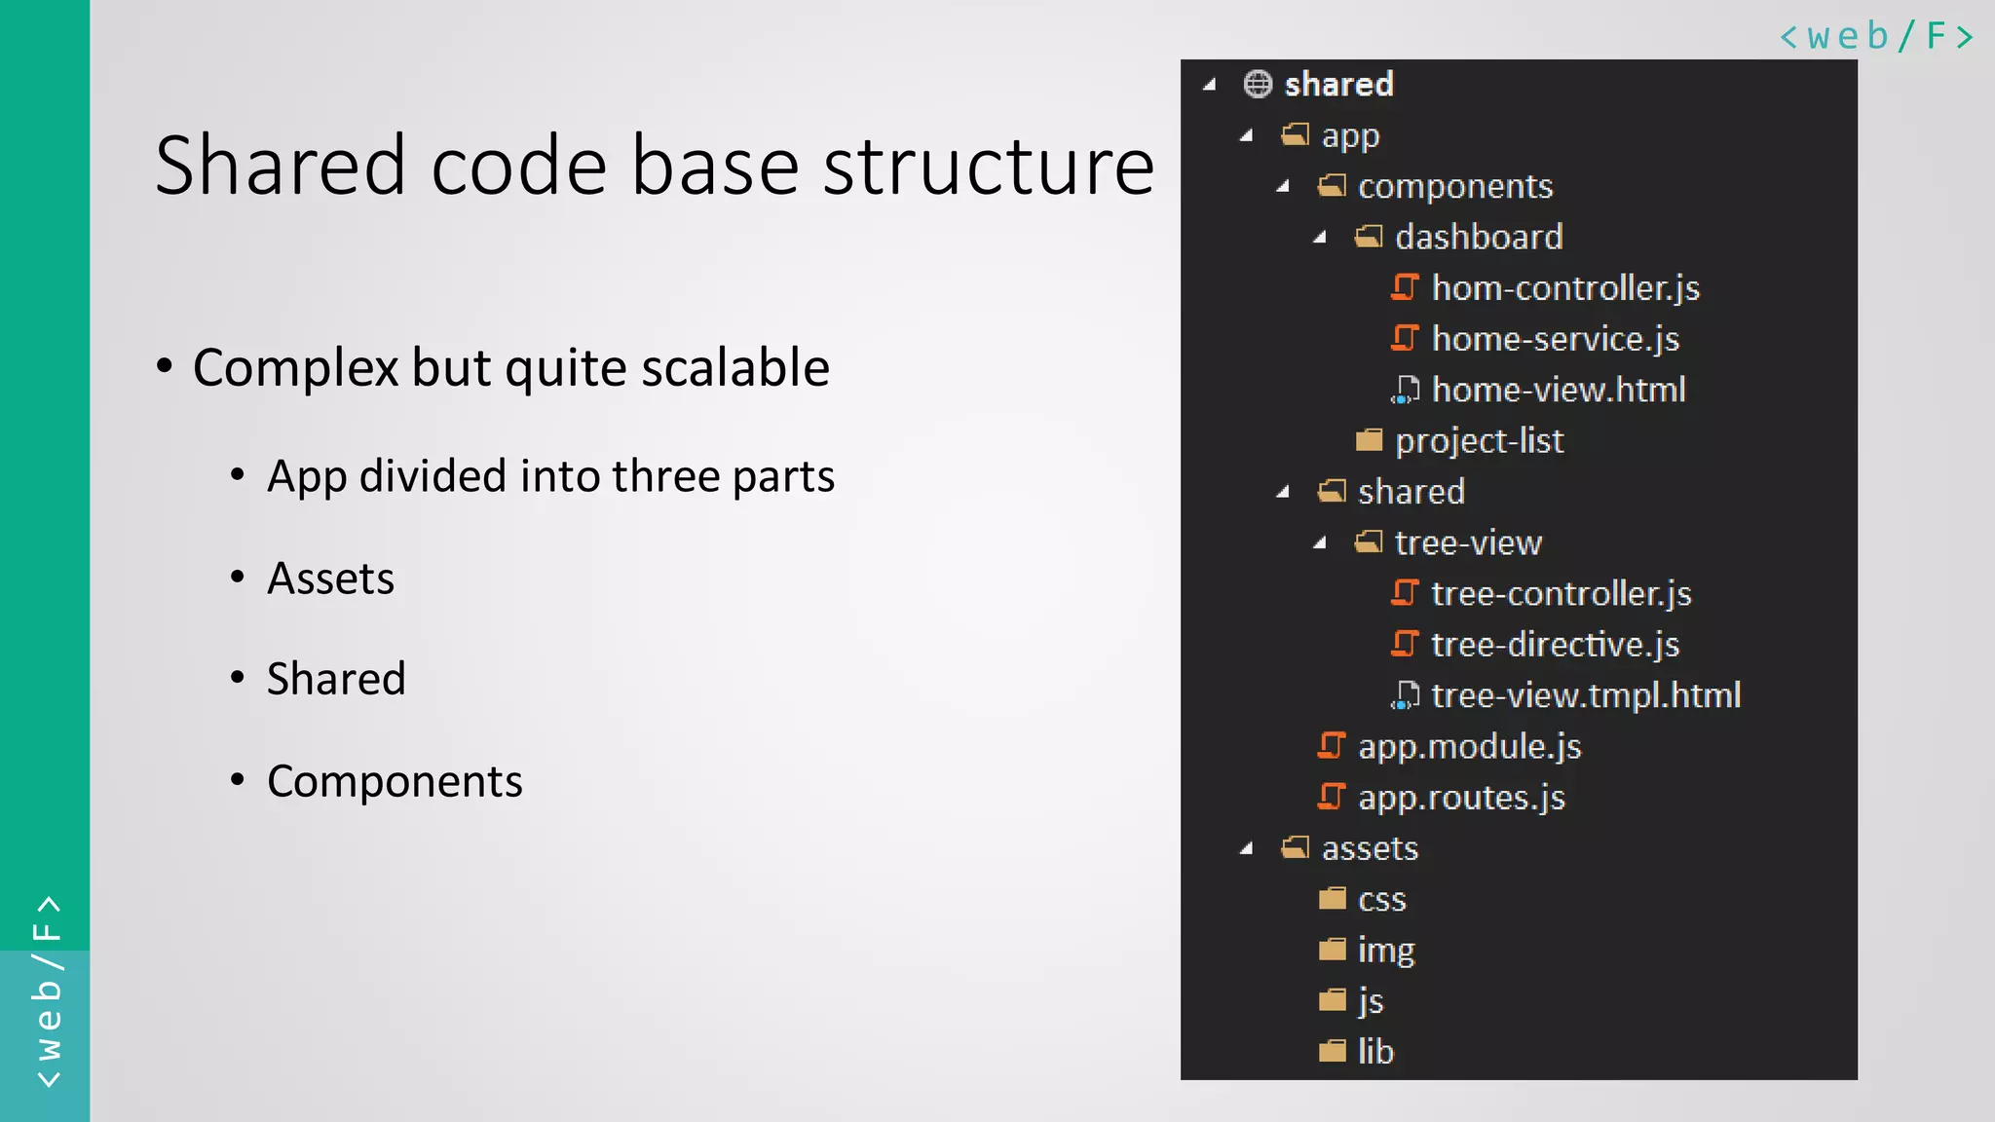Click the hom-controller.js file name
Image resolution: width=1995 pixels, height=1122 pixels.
pyautogui.click(x=1564, y=288)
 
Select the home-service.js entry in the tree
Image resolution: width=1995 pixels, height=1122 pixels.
pyautogui.click(x=1555, y=339)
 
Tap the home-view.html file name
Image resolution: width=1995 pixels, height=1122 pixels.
pyautogui.click(x=1558, y=390)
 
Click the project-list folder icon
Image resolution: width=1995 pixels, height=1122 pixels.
pyautogui.click(x=1369, y=440)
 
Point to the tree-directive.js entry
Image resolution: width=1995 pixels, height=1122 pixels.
pyautogui.click(x=1555, y=645)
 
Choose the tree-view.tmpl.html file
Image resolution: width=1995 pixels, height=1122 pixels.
pyautogui.click(x=1585, y=695)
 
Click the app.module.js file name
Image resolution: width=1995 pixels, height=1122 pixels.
pyautogui.click(x=1469, y=746)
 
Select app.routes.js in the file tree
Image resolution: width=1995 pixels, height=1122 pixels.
pyautogui.click(x=1460, y=798)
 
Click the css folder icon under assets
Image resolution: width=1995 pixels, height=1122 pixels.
pyautogui.click(x=1332, y=898)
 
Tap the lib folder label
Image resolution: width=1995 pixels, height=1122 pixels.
pyautogui.click(x=1375, y=1052)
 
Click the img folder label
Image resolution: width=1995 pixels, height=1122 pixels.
pyautogui.click(x=1385, y=950)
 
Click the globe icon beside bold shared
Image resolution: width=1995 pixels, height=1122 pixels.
pyautogui.click(x=1258, y=84)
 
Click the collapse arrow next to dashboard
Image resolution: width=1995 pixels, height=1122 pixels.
pyautogui.click(x=1320, y=237)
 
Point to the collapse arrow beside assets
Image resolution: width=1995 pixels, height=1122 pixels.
pyautogui.click(x=1246, y=848)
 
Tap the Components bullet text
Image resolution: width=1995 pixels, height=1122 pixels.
pyautogui.click(x=395, y=781)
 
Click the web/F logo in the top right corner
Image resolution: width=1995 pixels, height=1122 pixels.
pyautogui.click(x=1875, y=36)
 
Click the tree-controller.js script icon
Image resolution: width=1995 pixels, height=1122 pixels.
pyautogui.click(x=1404, y=592)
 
